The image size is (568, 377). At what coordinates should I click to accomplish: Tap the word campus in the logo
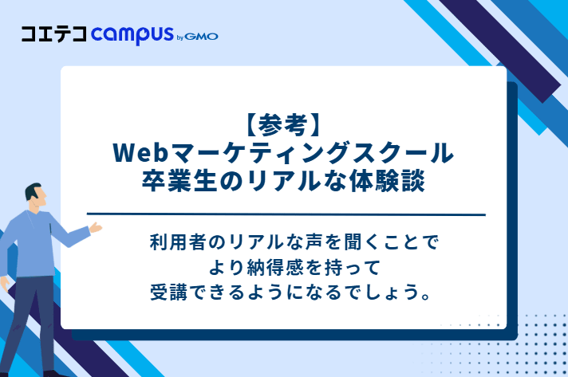point(132,35)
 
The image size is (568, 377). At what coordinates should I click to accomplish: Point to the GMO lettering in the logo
point(203,36)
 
